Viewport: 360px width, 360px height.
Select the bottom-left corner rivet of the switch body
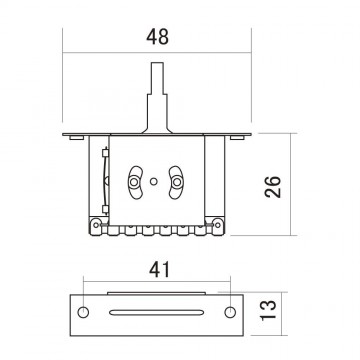[x=98, y=226]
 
